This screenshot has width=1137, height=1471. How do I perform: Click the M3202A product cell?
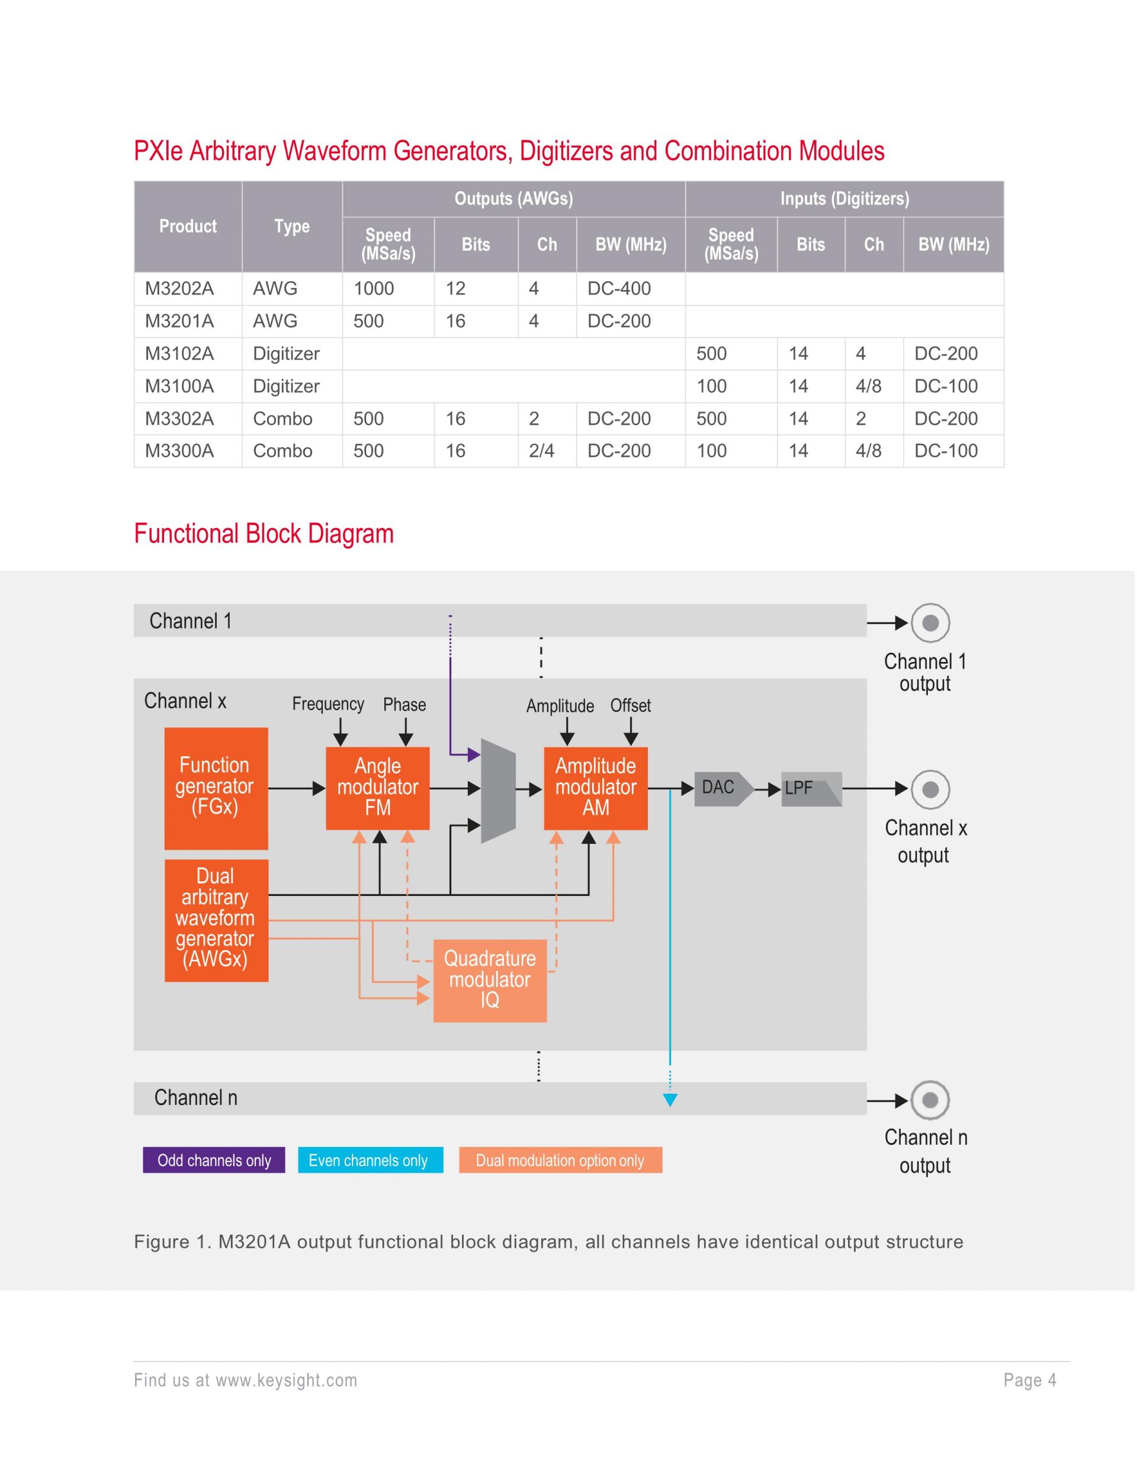179,289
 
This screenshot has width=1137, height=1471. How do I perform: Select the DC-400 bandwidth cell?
619,289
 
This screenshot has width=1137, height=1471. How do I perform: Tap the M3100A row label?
179,387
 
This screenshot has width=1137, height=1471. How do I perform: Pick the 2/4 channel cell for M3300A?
542,451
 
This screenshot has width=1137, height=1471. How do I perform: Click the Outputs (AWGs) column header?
513,199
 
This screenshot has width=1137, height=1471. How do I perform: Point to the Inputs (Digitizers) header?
844,199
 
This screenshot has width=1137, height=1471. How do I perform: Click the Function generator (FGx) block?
216,788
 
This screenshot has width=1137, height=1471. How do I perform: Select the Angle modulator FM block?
377,788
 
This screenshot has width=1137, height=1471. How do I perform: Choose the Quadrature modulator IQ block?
490,980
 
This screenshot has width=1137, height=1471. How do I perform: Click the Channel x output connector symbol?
930,789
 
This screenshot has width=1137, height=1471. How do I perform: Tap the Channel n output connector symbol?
930,1100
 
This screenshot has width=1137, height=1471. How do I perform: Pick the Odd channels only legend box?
214,1160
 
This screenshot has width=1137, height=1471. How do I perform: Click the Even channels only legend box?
370,1160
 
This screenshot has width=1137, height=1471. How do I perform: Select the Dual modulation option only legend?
560,1160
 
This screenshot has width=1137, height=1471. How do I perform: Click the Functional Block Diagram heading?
264,534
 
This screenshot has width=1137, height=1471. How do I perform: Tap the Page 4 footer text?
1029,1380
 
